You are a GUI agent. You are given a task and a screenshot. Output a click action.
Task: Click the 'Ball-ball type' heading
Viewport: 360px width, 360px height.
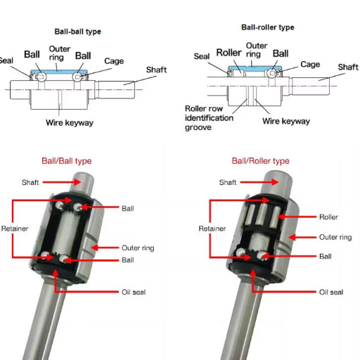click(x=78, y=32)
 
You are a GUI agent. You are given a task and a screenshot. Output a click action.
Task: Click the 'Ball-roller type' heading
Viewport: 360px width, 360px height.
click(x=267, y=27)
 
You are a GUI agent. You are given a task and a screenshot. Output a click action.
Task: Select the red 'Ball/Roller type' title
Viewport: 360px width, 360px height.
click(x=260, y=161)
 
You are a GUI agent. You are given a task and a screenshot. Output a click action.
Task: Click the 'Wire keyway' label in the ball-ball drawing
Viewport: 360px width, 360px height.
click(x=70, y=123)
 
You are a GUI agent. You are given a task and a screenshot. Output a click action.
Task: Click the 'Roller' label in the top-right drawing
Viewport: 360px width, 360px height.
click(x=229, y=53)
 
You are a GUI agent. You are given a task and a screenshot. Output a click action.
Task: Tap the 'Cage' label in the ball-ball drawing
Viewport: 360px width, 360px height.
click(x=114, y=61)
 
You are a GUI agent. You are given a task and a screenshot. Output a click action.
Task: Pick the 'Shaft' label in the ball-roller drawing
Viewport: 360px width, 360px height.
click(x=348, y=67)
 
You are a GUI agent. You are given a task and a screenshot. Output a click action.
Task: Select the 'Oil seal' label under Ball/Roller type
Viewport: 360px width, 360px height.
click(x=331, y=292)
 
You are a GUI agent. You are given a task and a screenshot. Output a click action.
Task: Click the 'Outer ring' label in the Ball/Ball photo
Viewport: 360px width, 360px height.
click(x=137, y=248)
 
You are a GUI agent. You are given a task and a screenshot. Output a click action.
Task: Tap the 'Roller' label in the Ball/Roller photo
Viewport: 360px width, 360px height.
click(x=328, y=217)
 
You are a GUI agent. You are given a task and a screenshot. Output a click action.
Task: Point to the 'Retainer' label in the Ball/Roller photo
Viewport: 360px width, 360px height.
click(x=212, y=229)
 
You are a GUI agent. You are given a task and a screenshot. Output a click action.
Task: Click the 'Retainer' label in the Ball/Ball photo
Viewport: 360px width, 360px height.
click(x=14, y=229)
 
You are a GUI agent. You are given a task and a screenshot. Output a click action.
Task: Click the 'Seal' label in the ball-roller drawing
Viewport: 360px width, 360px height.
click(x=201, y=57)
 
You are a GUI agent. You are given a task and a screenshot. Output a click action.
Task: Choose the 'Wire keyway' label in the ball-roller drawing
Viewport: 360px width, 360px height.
click(x=285, y=121)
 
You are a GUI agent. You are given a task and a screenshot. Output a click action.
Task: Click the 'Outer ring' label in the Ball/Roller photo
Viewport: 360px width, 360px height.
click(x=335, y=238)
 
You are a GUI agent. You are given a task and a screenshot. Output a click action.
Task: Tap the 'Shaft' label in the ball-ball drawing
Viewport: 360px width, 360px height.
click(x=156, y=70)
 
